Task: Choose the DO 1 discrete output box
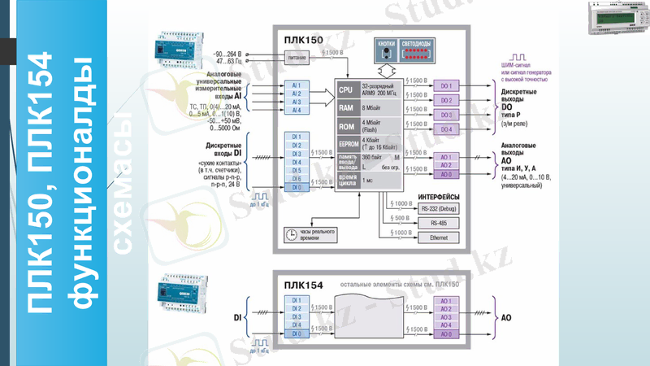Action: coord(445,85)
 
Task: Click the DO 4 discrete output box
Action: coord(445,129)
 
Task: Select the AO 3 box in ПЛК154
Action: coord(445,316)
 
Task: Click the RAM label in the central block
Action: coord(345,106)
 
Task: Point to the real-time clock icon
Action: coord(290,234)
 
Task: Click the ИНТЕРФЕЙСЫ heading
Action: coord(439,196)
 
